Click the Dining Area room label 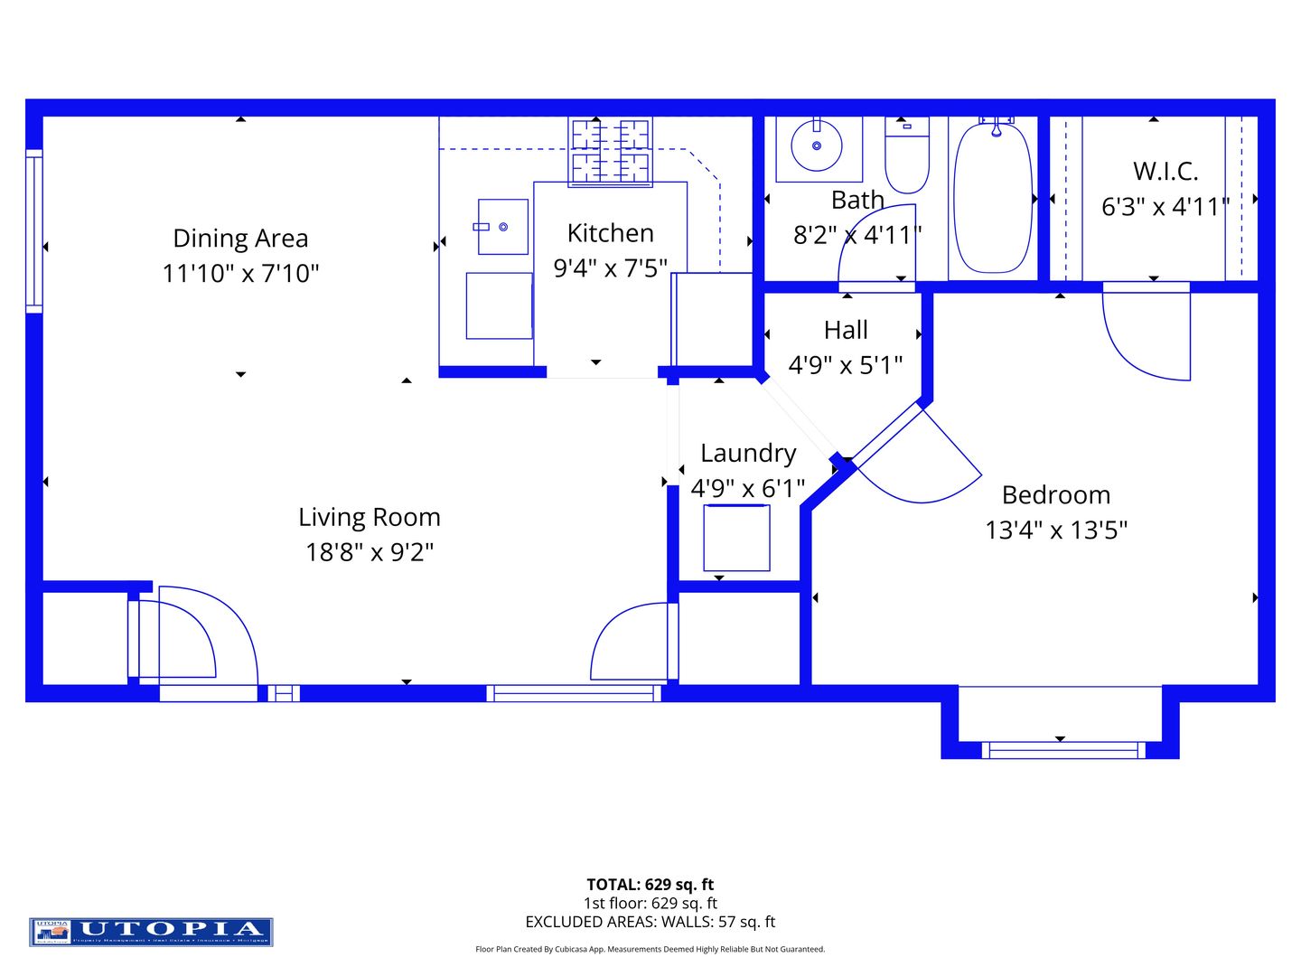click(x=240, y=238)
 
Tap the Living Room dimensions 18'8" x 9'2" click(x=370, y=551)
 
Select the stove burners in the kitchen click(x=611, y=151)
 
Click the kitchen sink click(x=502, y=227)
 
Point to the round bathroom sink click(x=817, y=145)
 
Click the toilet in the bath click(x=906, y=155)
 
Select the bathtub click(x=993, y=197)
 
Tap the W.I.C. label click(x=1165, y=171)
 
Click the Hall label click(x=846, y=330)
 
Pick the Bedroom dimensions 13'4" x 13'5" click(x=1056, y=530)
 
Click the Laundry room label click(x=748, y=453)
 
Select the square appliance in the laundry click(x=737, y=538)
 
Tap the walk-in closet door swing click(x=1146, y=333)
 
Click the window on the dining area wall click(x=34, y=230)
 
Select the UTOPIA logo click(x=151, y=931)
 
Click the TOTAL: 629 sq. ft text click(x=650, y=885)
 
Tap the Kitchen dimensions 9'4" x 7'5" click(x=611, y=268)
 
